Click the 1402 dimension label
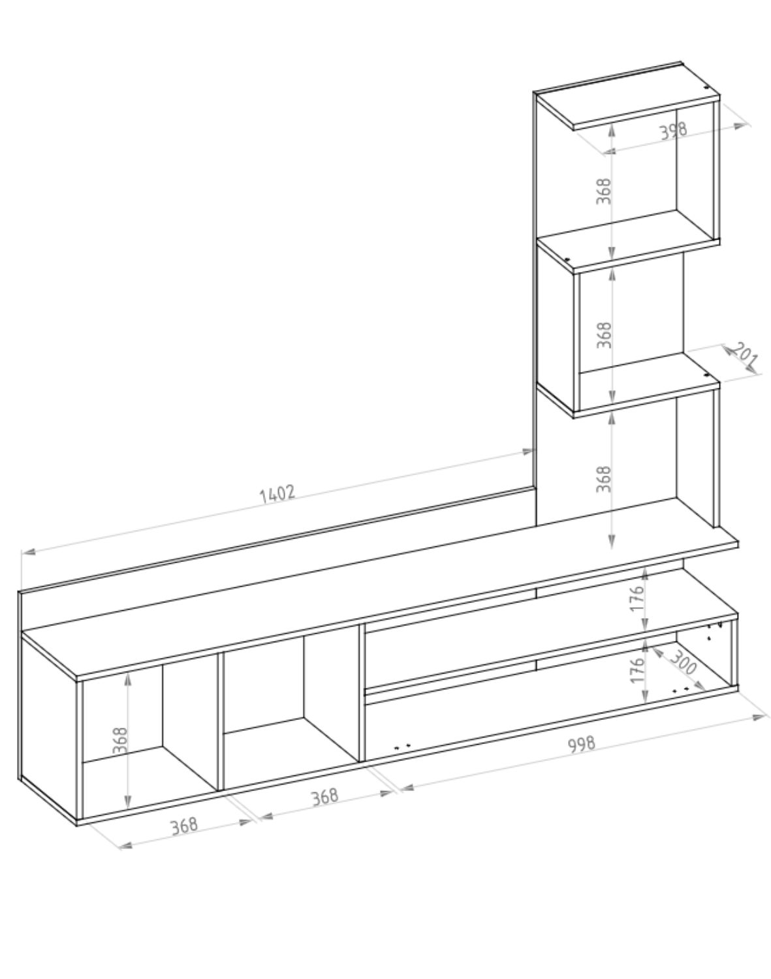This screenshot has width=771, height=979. click(277, 493)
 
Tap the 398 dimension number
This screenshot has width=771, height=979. click(673, 131)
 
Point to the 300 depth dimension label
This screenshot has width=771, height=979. click(683, 664)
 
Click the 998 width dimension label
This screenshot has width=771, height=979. click(581, 745)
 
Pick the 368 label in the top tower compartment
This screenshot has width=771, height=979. click(604, 191)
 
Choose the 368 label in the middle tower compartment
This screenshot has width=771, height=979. click(604, 335)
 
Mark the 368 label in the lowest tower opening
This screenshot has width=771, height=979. click(604, 478)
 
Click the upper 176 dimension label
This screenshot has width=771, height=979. click(638, 598)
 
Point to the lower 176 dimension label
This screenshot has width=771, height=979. click(638, 670)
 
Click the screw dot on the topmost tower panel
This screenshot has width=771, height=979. click(706, 87)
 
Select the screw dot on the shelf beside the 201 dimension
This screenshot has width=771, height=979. click(707, 375)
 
